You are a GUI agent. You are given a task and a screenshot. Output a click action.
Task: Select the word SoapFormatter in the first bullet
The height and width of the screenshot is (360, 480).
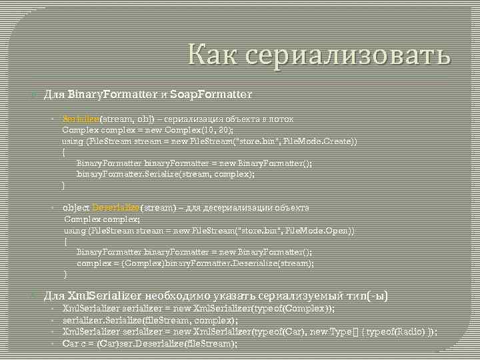click(211, 95)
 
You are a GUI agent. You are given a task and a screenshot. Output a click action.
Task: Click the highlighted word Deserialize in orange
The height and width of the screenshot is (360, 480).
click(116, 207)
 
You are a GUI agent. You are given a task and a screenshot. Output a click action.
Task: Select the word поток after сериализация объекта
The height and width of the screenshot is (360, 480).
click(279, 119)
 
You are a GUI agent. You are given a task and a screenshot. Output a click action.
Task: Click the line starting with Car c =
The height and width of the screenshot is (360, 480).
click(149, 343)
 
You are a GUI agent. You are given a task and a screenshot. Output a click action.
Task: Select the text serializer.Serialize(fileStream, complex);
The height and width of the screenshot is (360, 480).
click(150, 320)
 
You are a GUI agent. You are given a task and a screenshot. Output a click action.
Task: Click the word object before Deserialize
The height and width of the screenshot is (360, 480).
click(75, 207)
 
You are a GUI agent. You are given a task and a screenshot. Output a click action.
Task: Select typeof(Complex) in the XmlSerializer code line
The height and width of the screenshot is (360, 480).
click(297, 308)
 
